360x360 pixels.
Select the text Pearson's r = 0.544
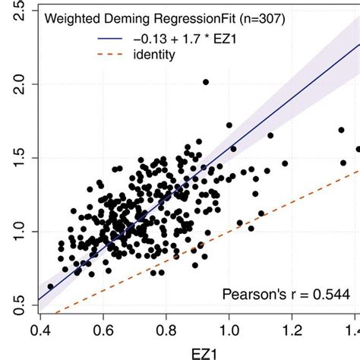tap(288, 294)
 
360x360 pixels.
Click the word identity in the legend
tap(172, 54)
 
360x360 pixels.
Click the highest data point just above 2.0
tap(205, 81)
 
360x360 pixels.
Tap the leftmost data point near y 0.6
tap(50, 286)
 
